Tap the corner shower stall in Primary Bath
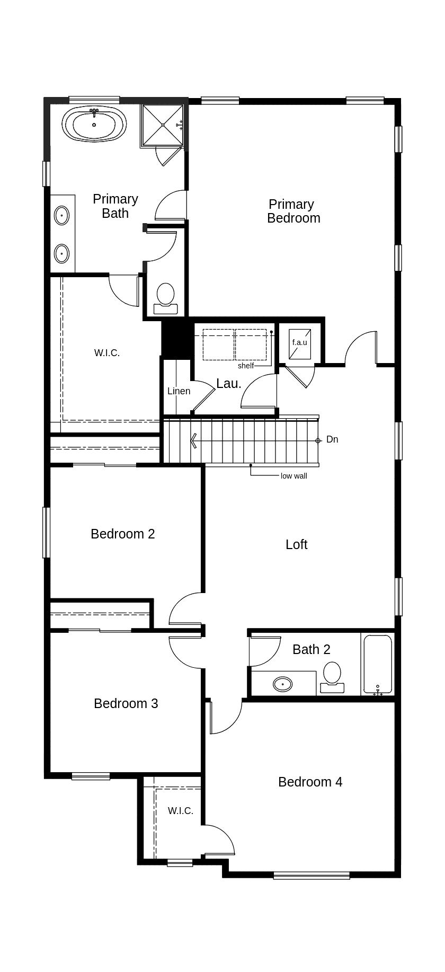pos(162,125)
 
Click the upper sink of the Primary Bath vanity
pos(62,216)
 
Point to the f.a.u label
pos(299,342)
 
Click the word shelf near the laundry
pos(246,366)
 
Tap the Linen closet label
pos(179,391)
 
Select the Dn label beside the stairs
pos(332,439)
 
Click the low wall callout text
pos(293,476)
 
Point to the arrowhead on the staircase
pos(194,440)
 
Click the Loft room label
pos(296,544)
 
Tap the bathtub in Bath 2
pos(377,664)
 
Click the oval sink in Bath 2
pos(282,684)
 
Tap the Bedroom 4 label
pos(310,782)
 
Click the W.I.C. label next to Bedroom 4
pos(181,811)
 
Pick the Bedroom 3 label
pos(126,703)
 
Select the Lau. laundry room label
pos(229,384)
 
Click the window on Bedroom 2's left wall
pos(46,533)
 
